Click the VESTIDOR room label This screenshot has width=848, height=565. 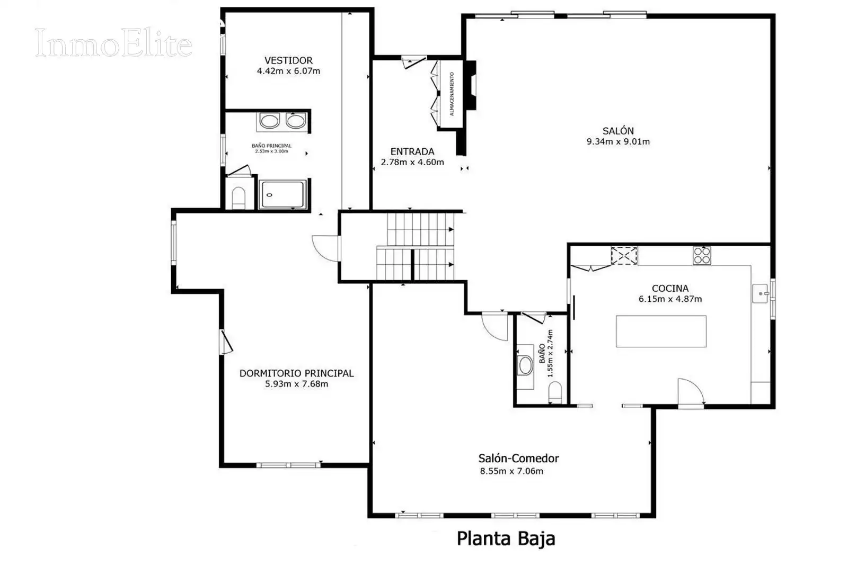tap(288, 60)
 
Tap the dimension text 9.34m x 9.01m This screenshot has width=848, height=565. tap(618, 142)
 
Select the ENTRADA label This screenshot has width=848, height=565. tap(412, 151)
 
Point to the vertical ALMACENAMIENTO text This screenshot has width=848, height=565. tap(451, 94)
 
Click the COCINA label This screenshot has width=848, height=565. tap(670, 289)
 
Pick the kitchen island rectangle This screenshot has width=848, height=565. tap(661, 331)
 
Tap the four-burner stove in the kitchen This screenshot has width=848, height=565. tap(702, 255)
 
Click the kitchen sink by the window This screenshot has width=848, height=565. tap(760, 293)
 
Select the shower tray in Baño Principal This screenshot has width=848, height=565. tap(282, 194)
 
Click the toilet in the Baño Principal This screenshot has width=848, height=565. tap(238, 198)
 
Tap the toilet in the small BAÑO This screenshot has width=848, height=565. tap(555, 392)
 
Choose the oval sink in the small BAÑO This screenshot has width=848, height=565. tap(525, 365)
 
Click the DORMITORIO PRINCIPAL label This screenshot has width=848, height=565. tap(296, 373)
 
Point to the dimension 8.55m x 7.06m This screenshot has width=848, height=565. tap(511, 471)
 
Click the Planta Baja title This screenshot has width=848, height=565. tap(506, 539)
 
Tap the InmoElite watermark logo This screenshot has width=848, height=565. tap(113, 43)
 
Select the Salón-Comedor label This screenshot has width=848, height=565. tap(518, 459)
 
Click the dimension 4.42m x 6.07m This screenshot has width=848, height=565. tap(288, 71)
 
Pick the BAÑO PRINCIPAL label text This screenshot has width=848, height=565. tap(271, 146)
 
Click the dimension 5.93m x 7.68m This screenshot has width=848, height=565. tap(296, 384)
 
